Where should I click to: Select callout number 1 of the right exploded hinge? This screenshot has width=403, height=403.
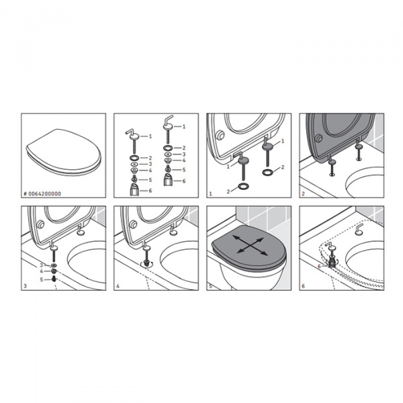tap(185, 126)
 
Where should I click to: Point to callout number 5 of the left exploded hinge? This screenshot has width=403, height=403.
tap(151, 179)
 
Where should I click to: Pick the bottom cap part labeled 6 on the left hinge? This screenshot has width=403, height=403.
tap(136, 191)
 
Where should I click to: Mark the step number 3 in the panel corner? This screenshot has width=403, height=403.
tap(25, 285)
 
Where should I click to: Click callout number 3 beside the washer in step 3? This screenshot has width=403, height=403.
tap(42, 265)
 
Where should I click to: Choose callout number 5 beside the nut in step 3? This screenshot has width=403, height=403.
tap(42, 278)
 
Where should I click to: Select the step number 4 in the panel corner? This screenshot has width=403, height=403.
tap(118, 285)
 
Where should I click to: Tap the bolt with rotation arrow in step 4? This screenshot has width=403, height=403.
tap(145, 263)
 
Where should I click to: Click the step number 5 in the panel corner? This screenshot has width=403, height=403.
tap(210, 285)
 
